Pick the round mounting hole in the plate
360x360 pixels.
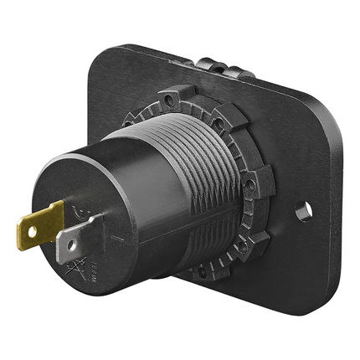coord(303,212)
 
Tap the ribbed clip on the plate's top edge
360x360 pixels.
coord(219,65)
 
